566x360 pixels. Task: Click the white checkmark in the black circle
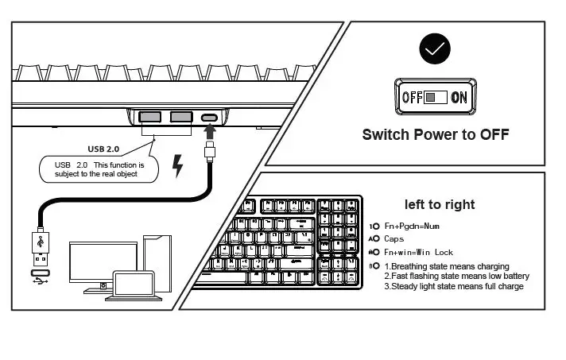(x=434, y=49)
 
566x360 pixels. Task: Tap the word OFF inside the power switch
(x=412, y=98)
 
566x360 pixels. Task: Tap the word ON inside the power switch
(x=459, y=98)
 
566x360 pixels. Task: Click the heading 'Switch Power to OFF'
(x=435, y=134)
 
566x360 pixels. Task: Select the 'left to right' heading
(x=440, y=204)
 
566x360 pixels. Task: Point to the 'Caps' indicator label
(x=394, y=238)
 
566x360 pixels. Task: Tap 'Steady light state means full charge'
(x=454, y=286)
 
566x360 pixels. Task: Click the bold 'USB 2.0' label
(x=104, y=148)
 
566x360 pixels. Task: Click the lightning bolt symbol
(x=178, y=167)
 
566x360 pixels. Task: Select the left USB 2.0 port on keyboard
(x=150, y=118)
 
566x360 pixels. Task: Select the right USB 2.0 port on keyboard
(x=180, y=118)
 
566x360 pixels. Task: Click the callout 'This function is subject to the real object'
(x=99, y=168)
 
